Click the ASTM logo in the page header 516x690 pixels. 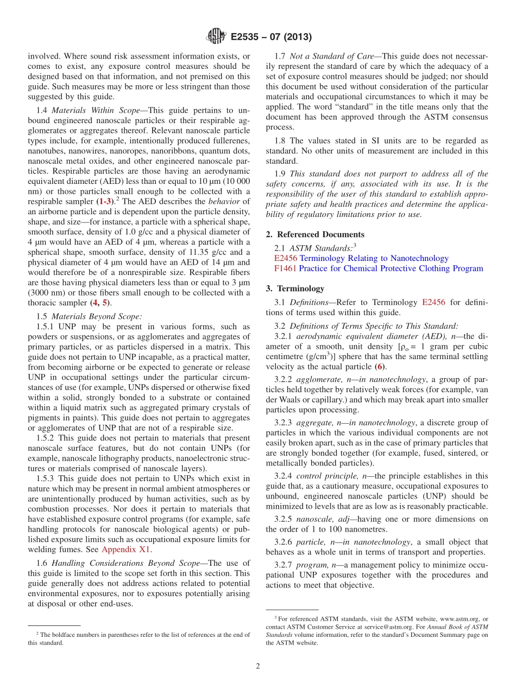(216, 37)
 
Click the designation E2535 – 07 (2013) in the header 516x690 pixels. (271, 37)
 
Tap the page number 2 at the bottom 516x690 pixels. (258, 666)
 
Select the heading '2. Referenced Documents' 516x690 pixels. (315, 234)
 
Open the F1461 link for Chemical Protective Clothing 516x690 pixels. (285, 269)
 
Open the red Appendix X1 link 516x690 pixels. (127, 549)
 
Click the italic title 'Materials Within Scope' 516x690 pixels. (96, 110)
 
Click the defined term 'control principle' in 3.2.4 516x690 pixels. (324, 476)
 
